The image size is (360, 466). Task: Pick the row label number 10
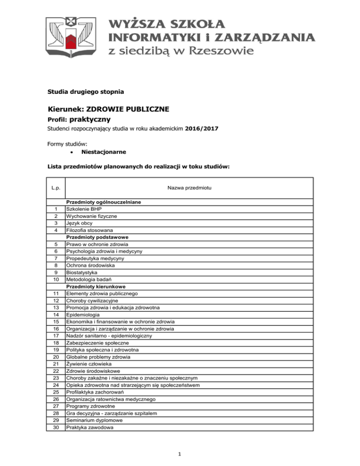(56, 279)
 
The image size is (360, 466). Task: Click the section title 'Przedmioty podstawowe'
(97, 237)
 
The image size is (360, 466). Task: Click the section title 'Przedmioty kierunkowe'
(96, 286)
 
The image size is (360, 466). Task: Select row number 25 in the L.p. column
(56, 392)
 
